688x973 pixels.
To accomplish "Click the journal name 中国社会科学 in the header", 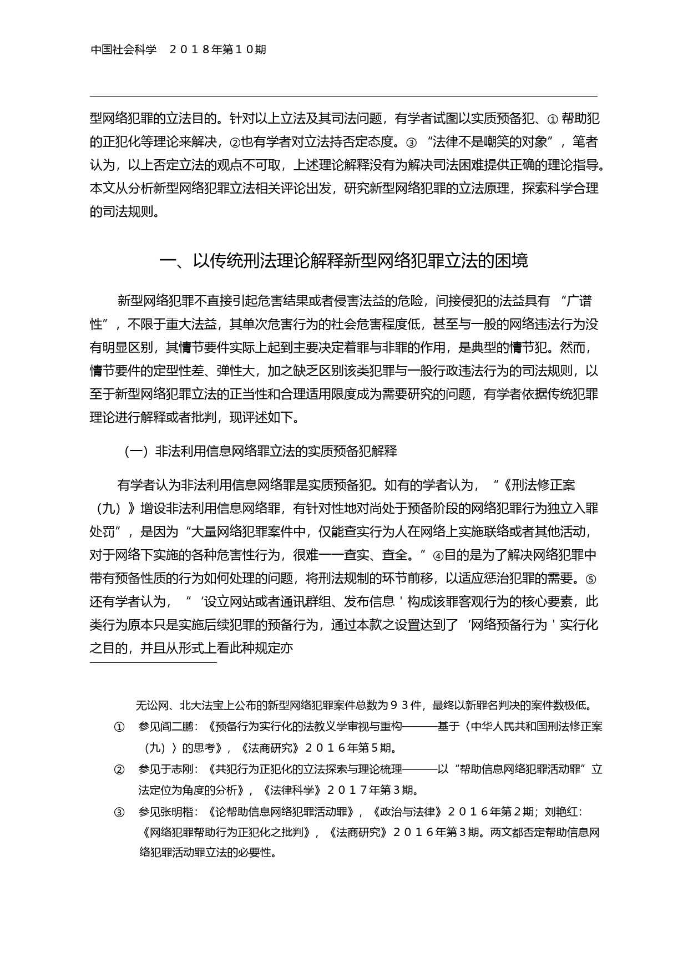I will (123, 50).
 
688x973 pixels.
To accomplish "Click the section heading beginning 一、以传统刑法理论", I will (343, 261).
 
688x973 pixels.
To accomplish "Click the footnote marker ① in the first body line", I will (552, 119).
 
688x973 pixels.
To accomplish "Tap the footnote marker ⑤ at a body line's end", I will (591, 579).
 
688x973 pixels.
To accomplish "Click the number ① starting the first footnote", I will (119, 727).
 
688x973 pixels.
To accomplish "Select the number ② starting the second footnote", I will (119, 769).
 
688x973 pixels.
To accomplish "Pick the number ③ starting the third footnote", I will (119, 813).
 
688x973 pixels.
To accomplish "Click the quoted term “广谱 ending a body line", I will (576, 301).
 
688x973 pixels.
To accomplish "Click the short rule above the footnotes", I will (153, 662).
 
